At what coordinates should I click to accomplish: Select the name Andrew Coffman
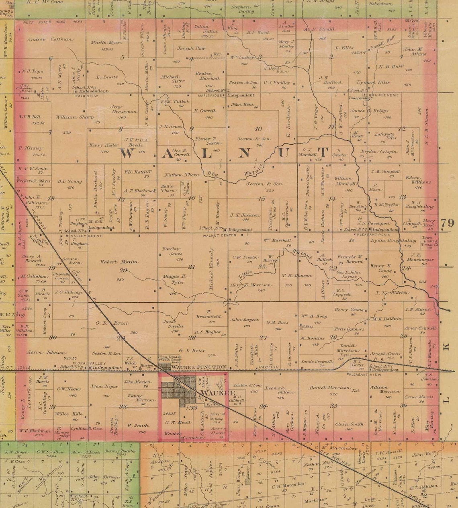pos(51,39)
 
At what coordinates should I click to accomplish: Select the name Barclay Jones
pos(172,251)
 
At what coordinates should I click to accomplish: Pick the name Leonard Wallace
pos(280,389)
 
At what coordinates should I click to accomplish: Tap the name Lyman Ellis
pos(374,82)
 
